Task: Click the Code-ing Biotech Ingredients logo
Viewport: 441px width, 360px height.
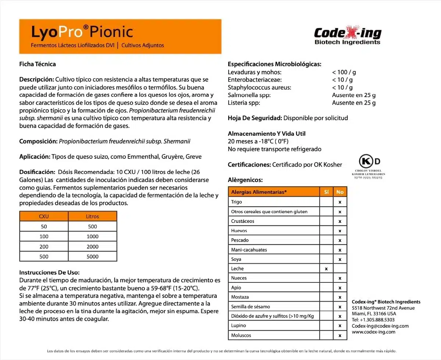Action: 347,36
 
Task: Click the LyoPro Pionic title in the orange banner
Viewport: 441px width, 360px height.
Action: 82,32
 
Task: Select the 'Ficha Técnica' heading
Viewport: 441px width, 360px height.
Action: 37,64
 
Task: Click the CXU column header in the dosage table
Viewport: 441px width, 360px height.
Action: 44,216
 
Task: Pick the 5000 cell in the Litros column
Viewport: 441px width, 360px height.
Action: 93,257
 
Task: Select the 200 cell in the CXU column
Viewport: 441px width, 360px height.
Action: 44,247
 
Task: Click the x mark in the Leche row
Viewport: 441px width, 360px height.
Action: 326,269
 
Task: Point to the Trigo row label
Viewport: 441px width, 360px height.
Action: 237,202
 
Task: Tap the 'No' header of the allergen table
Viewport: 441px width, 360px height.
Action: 340,192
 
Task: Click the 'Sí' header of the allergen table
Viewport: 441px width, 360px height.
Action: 326,192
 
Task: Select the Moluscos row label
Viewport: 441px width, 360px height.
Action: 241,335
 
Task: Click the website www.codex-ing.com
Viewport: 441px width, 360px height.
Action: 373,332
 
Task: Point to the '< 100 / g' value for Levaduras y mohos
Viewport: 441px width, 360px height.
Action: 344,72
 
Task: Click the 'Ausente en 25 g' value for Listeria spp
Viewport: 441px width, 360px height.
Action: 354,103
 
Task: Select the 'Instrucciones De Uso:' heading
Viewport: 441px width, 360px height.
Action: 49,272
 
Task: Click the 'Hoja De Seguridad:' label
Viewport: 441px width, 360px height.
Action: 255,118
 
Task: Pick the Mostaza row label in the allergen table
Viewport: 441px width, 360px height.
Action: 240,297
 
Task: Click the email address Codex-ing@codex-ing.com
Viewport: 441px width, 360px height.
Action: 380,326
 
